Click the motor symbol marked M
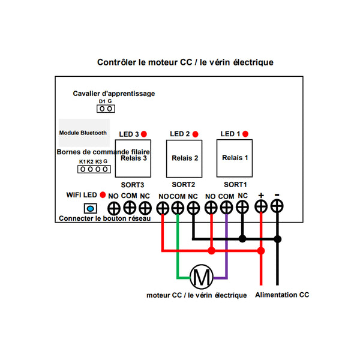[x=202, y=277]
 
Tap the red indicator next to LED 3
[x=144, y=134]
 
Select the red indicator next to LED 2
[x=195, y=134]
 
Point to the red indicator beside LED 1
[x=245, y=134]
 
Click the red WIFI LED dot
[x=103, y=195]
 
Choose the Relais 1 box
[x=235, y=158]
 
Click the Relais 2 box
[x=184, y=158]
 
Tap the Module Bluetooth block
[x=84, y=133]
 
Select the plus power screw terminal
[x=261, y=206]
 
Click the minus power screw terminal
[x=277, y=206]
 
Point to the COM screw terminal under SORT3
[x=130, y=208]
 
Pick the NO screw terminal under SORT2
[x=163, y=208]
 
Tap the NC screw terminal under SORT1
[x=242, y=207]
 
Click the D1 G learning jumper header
[x=106, y=109]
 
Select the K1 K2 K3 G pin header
[x=94, y=169]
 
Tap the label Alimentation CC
[x=282, y=295]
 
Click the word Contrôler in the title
[x=116, y=62]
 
